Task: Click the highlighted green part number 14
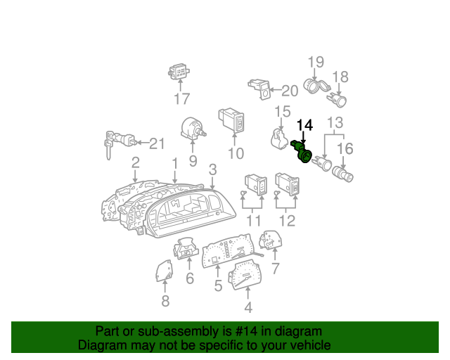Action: pyautogui.click(x=302, y=152)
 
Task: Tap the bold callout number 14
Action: pyautogui.click(x=304, y=125)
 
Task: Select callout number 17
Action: pyautogui.click(x=182, y=98)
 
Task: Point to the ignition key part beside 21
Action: pyautogui.click(x=119, y=143)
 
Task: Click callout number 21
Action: pyautogui.click(x=157, y=143)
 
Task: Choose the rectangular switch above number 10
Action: pyautogui.click(x=231, y=120)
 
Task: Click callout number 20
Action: pyautogui.click(x=290, y=91)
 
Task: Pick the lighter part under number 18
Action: pyautogui.click(x=337, y=99)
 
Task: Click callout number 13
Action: pyautogui.click(x=335, y=122)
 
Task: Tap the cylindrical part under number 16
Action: pyautogui.click(x=342, y=174)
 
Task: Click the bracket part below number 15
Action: pyautogui.click(x=279, y=139)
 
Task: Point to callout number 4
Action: pyautogui.click(x=248, y=307)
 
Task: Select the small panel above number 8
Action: pyautogui.click(x=165, y=271)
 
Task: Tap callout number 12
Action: pyautogui.click(x=287, y=221)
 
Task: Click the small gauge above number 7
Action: pyautogui.click(x=271, y=240)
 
